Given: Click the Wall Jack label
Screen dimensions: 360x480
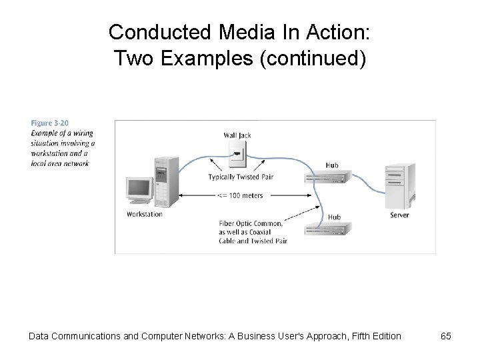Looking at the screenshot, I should point(238,135).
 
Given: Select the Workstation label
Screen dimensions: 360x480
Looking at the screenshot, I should point(144,214).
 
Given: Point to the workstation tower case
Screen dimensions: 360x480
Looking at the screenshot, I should point(166,181).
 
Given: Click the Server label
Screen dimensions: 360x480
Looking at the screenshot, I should point(399,215).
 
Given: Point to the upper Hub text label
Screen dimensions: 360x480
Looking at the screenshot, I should point(332,165).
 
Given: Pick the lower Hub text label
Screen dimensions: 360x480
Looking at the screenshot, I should point(334,217).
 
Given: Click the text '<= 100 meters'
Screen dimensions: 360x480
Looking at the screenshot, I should point(240,195).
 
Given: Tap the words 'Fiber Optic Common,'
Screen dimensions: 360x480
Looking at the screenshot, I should point(249,223).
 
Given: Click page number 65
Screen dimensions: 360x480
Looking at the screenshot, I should point(446,336).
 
